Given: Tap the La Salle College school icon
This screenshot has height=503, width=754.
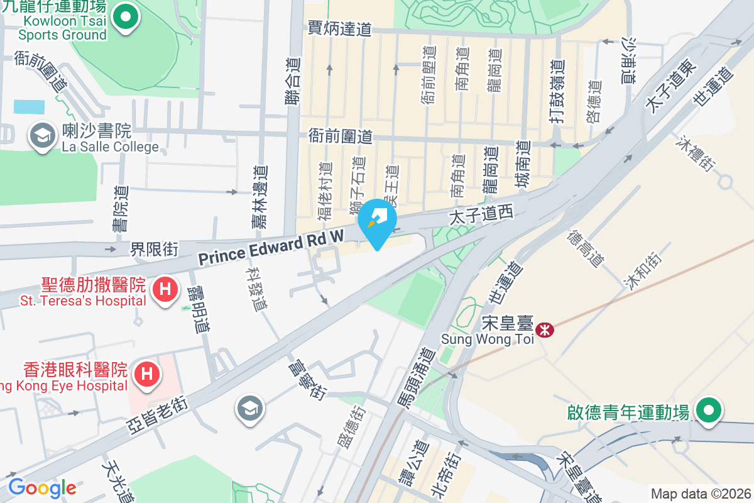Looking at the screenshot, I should pyautogui.click(x=42, y=135).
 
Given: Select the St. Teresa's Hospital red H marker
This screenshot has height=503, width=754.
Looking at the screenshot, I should pyautogui.click(x=165, y=290).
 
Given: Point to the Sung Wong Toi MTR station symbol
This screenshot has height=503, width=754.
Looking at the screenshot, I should pyautogui.click(x=545, y=328).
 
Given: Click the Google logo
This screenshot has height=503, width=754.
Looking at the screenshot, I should pyautogui.click(x=42, y=487).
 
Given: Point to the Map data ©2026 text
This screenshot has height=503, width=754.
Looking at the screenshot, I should pyautogui.click(x=700, y=494).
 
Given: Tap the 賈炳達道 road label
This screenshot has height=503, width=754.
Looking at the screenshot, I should pyautogui.click(x=339, y=28).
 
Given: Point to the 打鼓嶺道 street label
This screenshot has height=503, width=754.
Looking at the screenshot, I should pyautogui.click(x=556, y=90).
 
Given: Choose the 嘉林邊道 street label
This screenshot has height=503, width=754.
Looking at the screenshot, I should pyautogui.click(x=260, y=196).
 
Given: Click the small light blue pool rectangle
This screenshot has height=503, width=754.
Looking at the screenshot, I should pyautogui.click(x=29, y=106).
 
